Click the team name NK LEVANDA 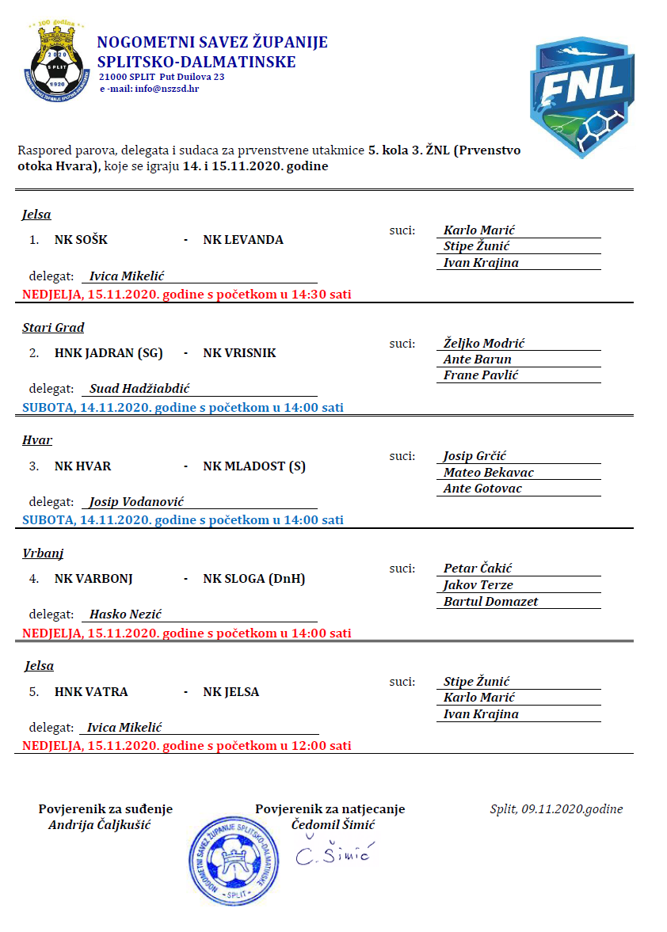(243, 240)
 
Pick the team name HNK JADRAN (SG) (109, 353)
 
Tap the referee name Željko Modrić (484, 344)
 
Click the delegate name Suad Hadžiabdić (139, 389)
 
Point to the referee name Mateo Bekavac (489, 473)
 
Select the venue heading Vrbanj (43, 553)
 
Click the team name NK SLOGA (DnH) (254, 579)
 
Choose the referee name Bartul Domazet (490, 602)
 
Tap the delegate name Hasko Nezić (126, 614)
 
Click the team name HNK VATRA (91, 692)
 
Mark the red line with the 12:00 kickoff (187, 746)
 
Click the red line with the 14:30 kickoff (187, 295)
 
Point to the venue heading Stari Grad (53, 328)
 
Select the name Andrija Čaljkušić (100, 825)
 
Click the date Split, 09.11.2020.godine (556, 809)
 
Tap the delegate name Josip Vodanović (137, 502)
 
